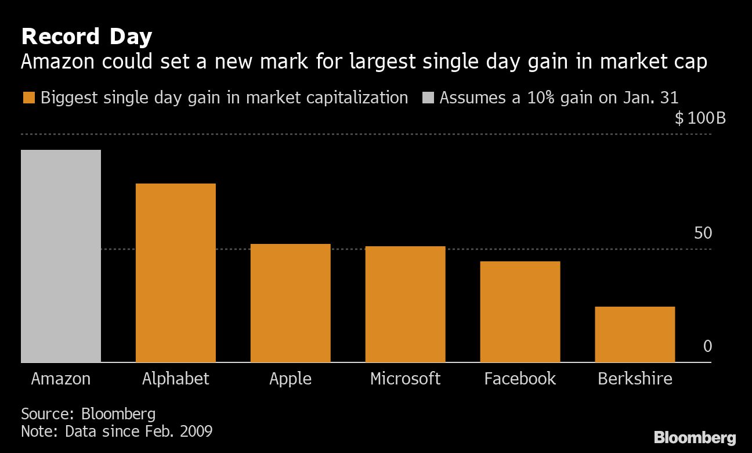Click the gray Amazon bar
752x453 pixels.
[x=61, y=256]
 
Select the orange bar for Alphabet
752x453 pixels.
[x=175, y=273]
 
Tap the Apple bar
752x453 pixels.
[x=290, y=303]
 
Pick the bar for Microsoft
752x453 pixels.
[x=405, y=304]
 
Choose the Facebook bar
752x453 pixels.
[x=520, y=312]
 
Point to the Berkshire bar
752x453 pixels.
[x=635, y=335]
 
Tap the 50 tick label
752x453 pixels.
[x=703, y=233]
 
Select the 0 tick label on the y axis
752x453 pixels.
[x=707, y=347]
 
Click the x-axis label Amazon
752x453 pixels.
[x=61, y=379]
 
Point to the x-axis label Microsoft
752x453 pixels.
[x=405, y=379]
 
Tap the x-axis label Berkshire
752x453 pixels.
[x=635, y=379]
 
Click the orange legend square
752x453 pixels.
[x=28, y=98]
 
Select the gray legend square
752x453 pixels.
[x=426, y=98]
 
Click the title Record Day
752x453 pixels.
[x=86, y=37]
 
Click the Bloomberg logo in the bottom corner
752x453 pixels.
[x=695, y=438]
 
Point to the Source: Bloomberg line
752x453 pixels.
[x=88, y=414]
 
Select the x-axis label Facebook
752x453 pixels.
[x=520, y=379]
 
